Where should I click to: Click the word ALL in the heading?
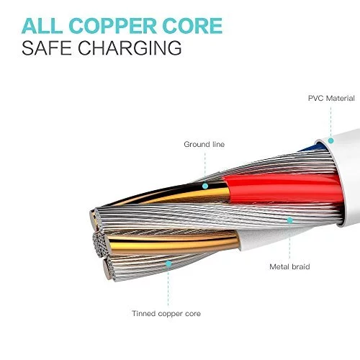pos(42,25)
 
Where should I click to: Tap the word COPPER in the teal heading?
pos(113,25)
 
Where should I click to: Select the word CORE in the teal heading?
pos(192,25)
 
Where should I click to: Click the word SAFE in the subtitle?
pos(47,48)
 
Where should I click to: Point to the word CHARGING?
pos(130,48)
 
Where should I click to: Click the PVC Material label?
pos(331,99)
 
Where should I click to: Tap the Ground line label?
pos(204,144)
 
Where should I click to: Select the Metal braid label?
pos(289,266)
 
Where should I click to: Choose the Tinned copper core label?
pos(166,313)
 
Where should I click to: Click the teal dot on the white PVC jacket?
pos(331,140)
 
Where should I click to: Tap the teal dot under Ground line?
pos(205,186)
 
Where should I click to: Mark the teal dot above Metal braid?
pos(290,220)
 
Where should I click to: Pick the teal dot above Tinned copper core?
pos(168,264)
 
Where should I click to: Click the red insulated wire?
pos(281,189)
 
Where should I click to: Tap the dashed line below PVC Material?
pos(331,122)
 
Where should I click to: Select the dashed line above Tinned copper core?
pos(168,287)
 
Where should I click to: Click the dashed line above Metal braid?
pos(289,241)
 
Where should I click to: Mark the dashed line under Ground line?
pos(205,167)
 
